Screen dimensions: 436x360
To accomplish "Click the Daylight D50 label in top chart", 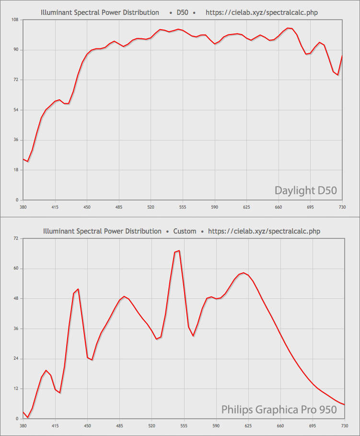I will point(305,190).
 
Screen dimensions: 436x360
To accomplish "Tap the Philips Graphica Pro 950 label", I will point(279,410).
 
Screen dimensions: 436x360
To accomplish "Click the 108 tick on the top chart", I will point(15,20).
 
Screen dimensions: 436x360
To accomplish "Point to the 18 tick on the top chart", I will point(16,170).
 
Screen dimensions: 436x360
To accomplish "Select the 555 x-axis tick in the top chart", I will point(183,207).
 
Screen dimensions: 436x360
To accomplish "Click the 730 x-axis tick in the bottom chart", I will point(344,426).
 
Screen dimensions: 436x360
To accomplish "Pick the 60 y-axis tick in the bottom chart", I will point(16,269).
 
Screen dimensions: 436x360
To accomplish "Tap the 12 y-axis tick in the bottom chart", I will point(16,389).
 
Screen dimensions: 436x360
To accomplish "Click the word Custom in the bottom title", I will point(185,231).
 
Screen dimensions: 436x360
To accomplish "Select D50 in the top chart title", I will point(182,12).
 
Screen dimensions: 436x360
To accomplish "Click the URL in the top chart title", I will point(261,12).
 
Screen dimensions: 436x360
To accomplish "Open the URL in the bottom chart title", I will point(264,231).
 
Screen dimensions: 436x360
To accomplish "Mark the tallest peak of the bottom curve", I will point(179,250).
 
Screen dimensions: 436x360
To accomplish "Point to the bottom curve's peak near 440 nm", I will point(78,289).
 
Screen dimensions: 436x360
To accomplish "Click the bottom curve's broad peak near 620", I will point(244,273).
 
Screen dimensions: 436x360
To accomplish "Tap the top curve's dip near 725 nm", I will point(337,75).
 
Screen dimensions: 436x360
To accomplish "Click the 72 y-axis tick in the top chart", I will point(16,80).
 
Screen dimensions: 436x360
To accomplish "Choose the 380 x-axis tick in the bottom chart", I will point(23,426).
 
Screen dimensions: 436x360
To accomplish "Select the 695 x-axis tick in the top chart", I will point(310,207).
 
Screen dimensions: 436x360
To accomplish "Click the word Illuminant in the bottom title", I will point(58,231).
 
